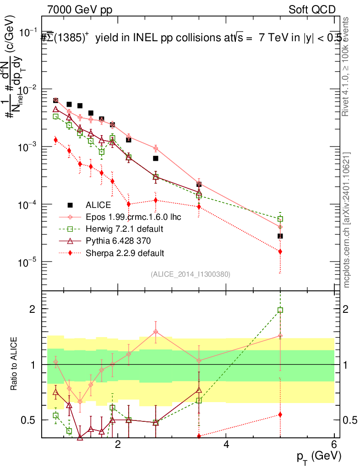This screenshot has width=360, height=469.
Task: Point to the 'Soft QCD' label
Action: (312, 10)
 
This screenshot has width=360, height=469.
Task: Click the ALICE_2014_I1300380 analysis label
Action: (190, 274)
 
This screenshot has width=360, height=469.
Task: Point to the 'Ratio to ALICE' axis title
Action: (15, 365)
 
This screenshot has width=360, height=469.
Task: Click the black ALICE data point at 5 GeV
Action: (280, 236)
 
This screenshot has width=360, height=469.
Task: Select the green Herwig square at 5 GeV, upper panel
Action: (280, 219)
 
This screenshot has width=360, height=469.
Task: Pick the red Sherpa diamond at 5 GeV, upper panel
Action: (280, 251)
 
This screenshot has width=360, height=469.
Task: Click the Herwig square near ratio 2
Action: (280, 310)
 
